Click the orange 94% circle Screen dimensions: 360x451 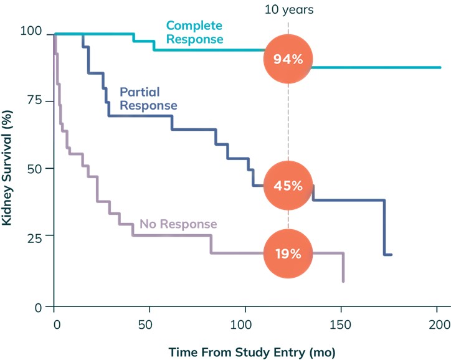click(288, 59)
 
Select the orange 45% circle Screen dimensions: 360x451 click(288, 186)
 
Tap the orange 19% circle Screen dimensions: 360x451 click(288, 253)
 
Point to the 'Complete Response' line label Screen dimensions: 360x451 click(194, 32)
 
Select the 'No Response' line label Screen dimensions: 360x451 click(178, 224)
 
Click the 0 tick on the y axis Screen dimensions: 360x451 click(37, 306)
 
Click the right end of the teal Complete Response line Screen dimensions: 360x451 click(440, 67)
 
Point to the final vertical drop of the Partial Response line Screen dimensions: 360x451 click(385, 227)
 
